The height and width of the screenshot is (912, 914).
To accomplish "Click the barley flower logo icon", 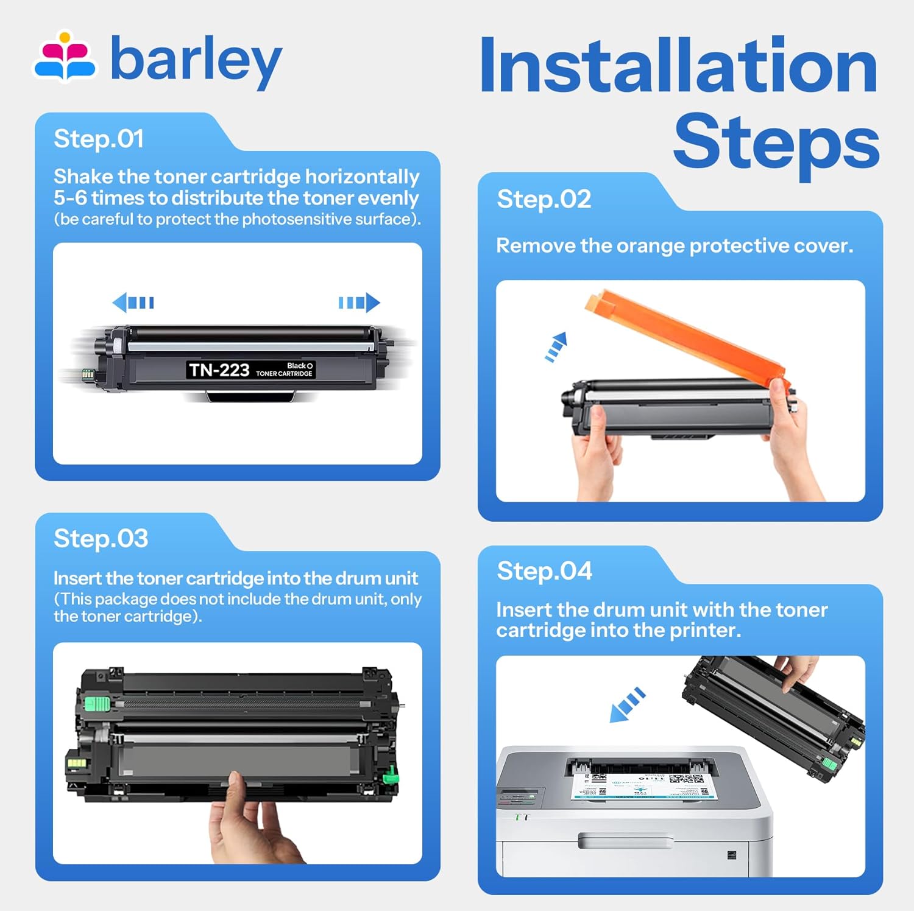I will (x=65, y=57).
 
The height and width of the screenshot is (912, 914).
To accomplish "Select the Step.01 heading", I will (x=99, y=139).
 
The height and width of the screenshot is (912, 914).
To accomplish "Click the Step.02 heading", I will (x=544, y=200).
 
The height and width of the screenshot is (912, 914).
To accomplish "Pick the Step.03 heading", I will (x=101, y=539).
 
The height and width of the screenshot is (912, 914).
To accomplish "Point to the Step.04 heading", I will (x=544, y=571).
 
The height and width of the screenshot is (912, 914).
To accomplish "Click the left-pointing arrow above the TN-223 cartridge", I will (x=133, y=302).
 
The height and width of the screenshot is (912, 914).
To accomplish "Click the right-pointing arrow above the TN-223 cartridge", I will (x=360, y=302).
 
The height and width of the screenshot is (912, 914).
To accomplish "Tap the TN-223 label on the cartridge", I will (x=219, y=370).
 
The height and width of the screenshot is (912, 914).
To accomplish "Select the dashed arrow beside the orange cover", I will (x=556, y=347).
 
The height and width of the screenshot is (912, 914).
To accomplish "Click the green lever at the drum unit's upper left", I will (x=96, y=704).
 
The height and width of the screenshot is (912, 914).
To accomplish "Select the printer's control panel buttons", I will (x=518, y=796).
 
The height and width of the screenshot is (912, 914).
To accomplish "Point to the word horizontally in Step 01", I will (x=362, y=177).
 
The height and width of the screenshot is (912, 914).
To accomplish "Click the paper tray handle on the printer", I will (x=625, y=842).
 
